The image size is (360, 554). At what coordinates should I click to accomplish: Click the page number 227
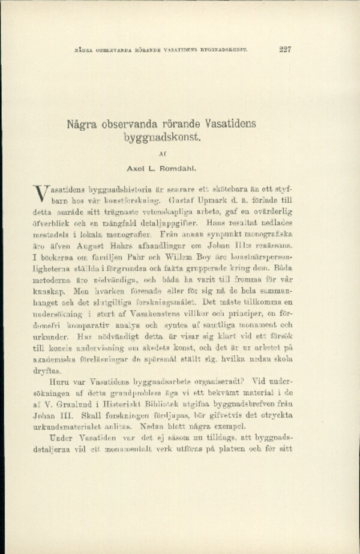pyautogui.click(x=285, y=49)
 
